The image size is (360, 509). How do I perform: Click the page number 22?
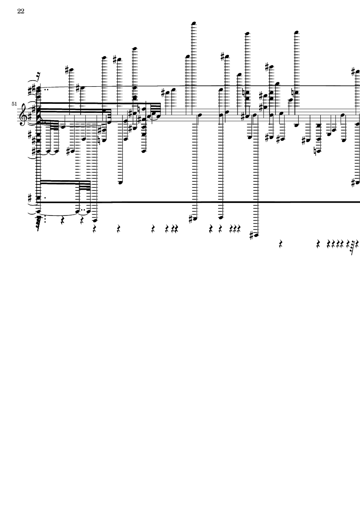21,11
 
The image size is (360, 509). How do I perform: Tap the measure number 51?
14,104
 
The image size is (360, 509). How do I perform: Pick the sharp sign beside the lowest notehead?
252,235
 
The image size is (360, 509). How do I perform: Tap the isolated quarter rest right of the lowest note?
281,244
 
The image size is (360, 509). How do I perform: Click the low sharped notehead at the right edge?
357,182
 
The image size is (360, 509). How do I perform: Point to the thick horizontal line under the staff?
198,202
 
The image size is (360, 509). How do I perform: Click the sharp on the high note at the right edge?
354,71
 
